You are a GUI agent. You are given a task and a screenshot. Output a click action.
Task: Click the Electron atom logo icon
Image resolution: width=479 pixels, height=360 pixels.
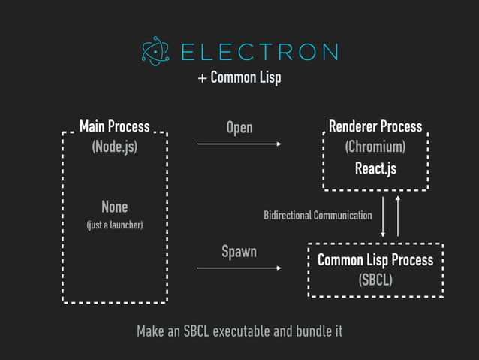pyautogui.click(x=156, y=52)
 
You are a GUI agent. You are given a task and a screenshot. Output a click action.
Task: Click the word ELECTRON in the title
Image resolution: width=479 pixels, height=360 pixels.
pyautogui.click(x=259, y=52)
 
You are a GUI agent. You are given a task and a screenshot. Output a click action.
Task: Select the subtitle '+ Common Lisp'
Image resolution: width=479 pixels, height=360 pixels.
pyautogui.click(x=239, y=78)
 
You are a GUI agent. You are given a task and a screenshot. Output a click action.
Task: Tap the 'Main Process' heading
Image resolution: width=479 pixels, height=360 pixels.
pyautogui.click(x=115, y=126)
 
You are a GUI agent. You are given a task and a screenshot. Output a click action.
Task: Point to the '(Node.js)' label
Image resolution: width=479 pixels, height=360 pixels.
pyautogui.click(x=115, y=147)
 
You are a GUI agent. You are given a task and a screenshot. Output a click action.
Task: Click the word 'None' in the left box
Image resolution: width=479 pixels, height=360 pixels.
pyautogui.click(x=115, y=207)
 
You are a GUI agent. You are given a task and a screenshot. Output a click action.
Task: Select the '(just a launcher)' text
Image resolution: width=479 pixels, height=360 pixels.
pyautogui.click(x=115, y=225)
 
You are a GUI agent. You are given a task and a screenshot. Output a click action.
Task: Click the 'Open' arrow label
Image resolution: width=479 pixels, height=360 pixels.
pyautogui.click(x=239, y=128)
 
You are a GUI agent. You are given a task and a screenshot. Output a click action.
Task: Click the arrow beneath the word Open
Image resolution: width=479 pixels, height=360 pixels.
pyautogui.click(x=239, y=143)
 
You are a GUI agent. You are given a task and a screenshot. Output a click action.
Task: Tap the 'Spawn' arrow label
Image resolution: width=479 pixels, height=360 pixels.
pyautogui.click(x=239, y=252)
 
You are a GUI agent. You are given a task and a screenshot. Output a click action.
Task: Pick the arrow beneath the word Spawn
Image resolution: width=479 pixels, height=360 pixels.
pyautogui.click(x=239, y=267)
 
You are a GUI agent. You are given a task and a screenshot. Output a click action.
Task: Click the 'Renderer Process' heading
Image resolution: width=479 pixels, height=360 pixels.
pyautogui.click(x=375, y=126)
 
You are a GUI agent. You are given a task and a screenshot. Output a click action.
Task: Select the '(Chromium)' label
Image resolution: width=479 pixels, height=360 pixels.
pyautogui.click(x=375, y=147)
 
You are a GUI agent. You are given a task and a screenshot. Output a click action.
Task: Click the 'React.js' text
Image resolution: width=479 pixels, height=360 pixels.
pyautogui.click(x=375, y=168)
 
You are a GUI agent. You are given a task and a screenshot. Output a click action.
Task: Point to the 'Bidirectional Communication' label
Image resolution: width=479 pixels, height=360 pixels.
pyautogui.click(x=318, y=216)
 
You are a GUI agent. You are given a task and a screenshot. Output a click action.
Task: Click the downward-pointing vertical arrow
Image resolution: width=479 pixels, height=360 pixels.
pyautogui.click(x=384, y=216)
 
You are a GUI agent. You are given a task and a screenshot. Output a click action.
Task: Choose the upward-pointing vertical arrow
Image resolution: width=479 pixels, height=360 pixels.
pyautogui.click(x=398, y=216)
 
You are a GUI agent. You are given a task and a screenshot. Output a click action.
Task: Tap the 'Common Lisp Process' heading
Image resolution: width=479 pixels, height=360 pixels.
pyautogui.click(x=375, y=260)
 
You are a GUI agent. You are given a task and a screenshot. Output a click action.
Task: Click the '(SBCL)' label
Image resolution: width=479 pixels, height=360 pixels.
pyautogui.click(x=375, y=280)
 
